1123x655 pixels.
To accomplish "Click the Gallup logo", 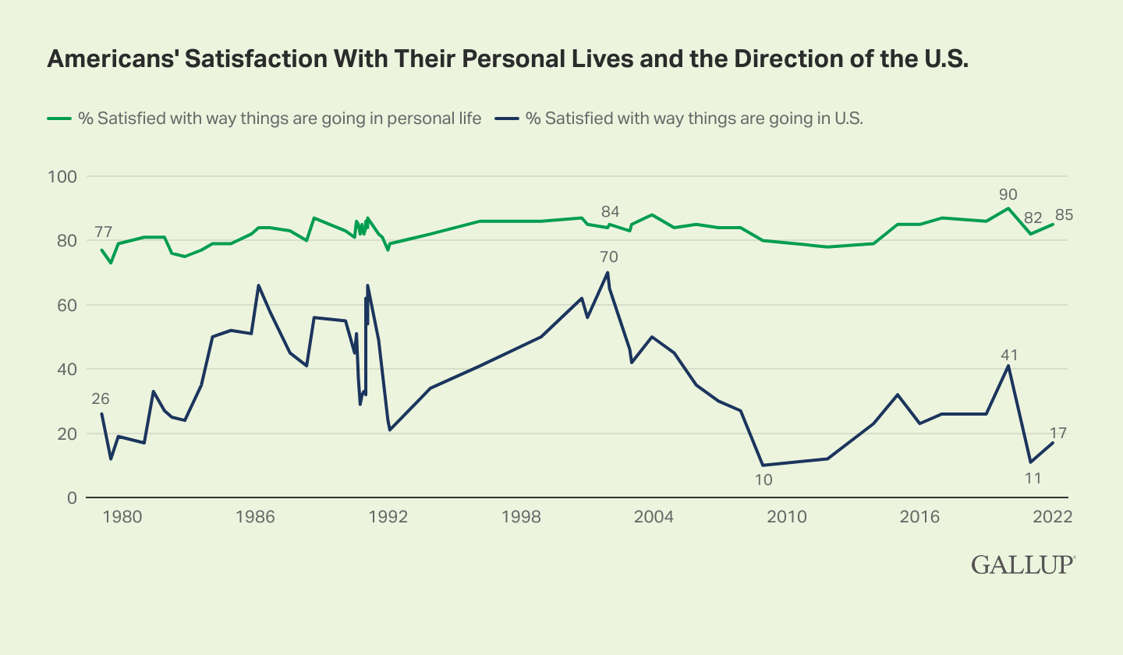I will [1023, 565].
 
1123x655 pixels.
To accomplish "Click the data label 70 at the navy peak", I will [609, 257].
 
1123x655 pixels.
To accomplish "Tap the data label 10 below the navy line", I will [763, 480].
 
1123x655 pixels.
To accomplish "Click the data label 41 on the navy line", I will [1010, 356].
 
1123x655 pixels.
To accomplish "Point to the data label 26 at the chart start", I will [100, 398].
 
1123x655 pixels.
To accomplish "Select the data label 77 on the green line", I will [103, 232].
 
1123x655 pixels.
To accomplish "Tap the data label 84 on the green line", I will [610, 212].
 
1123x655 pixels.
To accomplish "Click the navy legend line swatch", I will [508, 119].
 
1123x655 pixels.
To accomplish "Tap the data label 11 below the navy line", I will [1033, 477].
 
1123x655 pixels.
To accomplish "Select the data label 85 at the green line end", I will [1064, 214].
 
